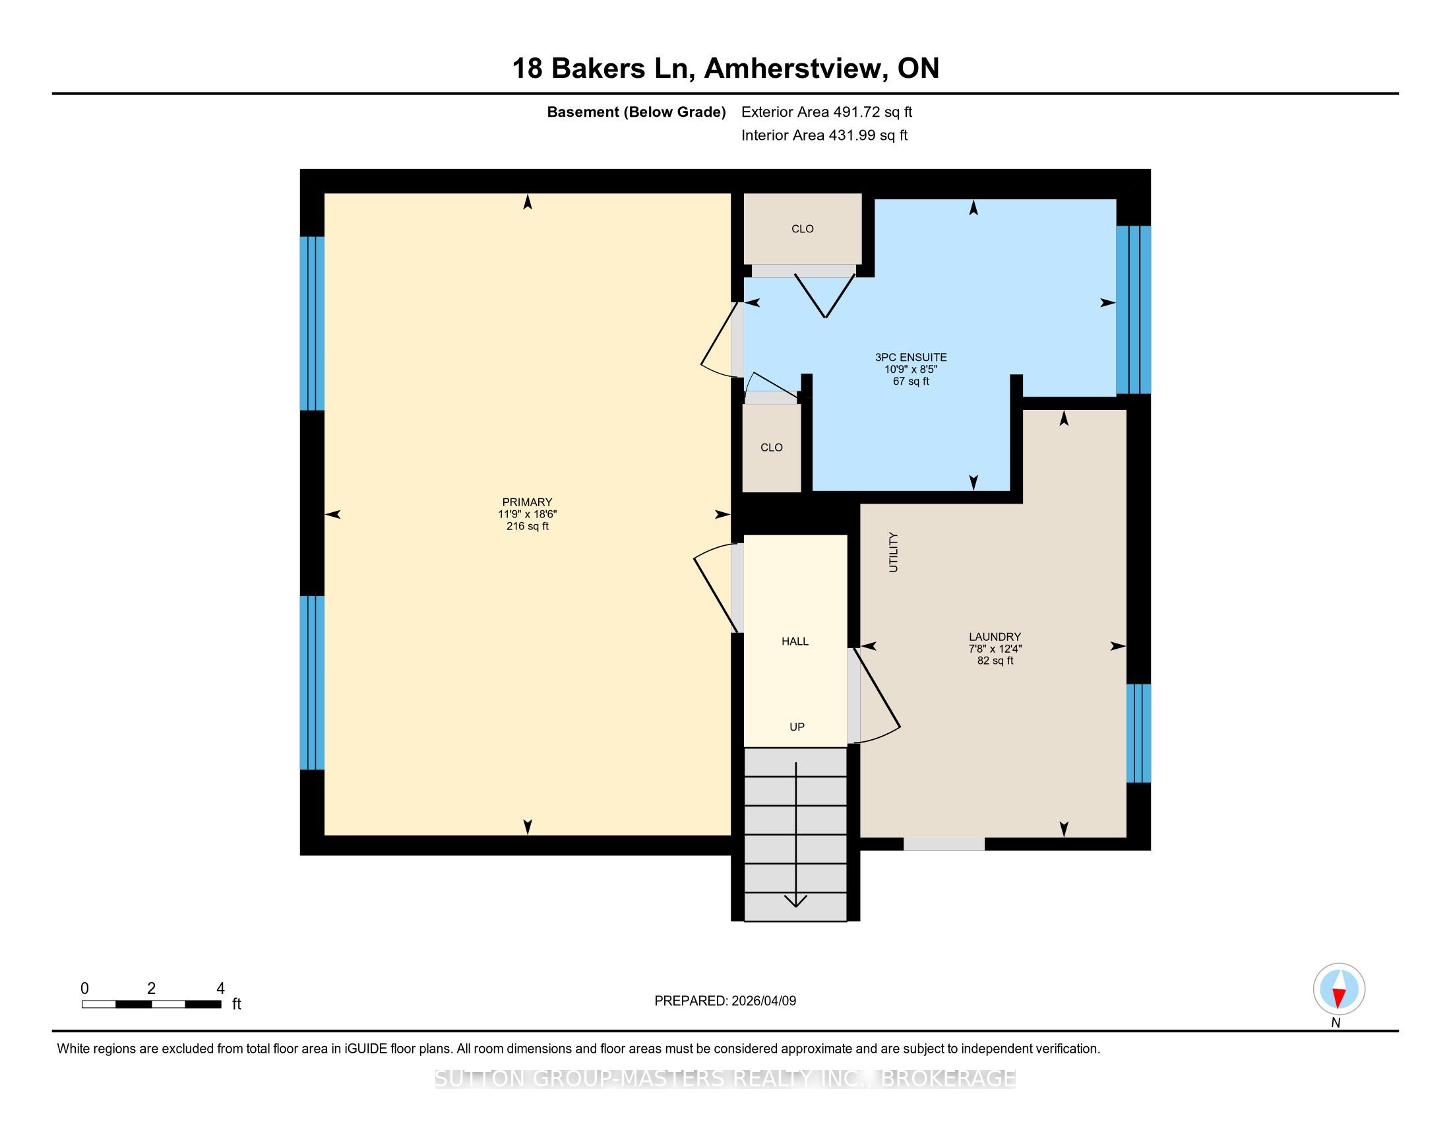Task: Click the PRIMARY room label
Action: (x=527, y=502)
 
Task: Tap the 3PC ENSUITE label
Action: (x=911, y=357)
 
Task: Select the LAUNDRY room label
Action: (x=995, y=637)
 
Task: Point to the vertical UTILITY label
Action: (x=893, y=552)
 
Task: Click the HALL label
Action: (x=795, y=642)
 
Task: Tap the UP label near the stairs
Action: (x=797, y=727)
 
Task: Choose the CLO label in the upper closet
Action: (x=803, y=228)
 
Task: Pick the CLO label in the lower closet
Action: (x=772, y=447)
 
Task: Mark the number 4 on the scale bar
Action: (x=220, y=989)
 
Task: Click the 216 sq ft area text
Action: (x=528, y=526)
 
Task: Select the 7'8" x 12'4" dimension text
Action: (x=995, y=649)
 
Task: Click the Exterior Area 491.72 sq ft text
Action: (x=826, y=112)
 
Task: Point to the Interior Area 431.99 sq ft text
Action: (x=824, y=135)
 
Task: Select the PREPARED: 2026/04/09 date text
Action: (x=725, y=1001)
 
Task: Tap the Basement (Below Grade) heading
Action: (x=636, y=112)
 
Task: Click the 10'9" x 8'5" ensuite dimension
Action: (x=911, y=369)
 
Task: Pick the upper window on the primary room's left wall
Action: (x=312, y=323)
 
